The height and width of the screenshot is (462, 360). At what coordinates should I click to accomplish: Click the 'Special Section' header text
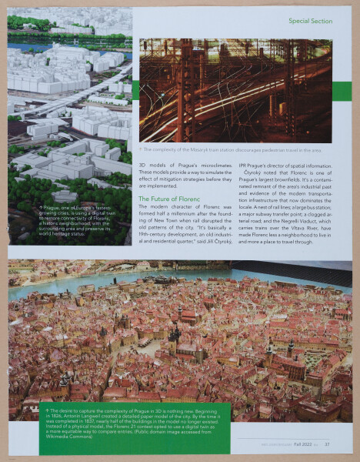(x=310, y=21)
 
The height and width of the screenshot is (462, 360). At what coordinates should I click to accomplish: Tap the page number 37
(x=327, y=444)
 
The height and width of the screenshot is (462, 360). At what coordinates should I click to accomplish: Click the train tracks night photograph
(x=235, y=90)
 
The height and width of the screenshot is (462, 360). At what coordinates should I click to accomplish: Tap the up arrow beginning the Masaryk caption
(x=142, y=150)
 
